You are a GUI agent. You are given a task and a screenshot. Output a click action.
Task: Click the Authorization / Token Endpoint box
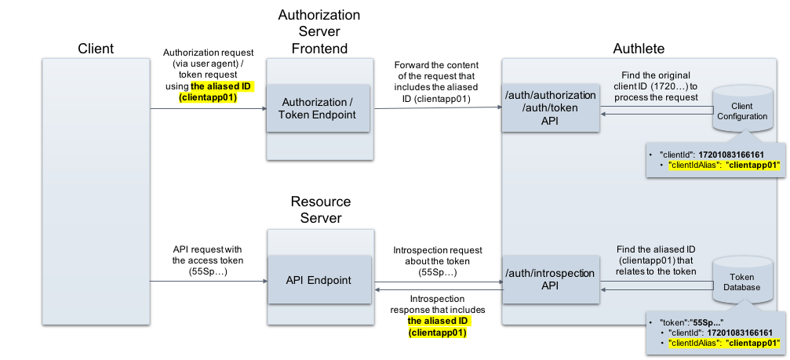pyautogui.click(x=318, y=108)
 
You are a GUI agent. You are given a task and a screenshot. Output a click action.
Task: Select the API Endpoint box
pyautogui.click(x=319, y=280)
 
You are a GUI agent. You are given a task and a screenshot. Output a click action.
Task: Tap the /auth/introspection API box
pyautogui.click(x=551, y=279)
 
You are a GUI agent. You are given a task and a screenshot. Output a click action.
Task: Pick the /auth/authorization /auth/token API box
pyautogui.click(x=551, y=108)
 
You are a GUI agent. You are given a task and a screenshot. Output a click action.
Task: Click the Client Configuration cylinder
pyautogui.click(x=742, y=109)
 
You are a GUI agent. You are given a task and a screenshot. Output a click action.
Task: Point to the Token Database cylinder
pyautogui.click(x=742, y=281)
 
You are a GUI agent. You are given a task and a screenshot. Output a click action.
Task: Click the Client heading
pyautogui.click(x=96, y=49)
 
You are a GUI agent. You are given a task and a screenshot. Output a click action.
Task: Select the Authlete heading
pyautogui.click(x=639, y=49)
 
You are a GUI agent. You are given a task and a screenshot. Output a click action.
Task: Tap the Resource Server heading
pyautogui.click(x=320, y=210)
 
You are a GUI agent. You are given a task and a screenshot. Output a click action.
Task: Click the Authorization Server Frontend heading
pyautogui.click(x=319, y=31)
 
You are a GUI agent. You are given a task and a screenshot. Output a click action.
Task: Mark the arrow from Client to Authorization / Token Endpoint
pyautogui.click(x=208, y=108)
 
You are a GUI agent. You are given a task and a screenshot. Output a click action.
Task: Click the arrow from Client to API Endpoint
pyautogui.click(x=209, y=281)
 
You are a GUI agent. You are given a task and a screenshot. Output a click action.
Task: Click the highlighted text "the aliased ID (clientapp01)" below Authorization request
pyautogui.click(x=217, y=92)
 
